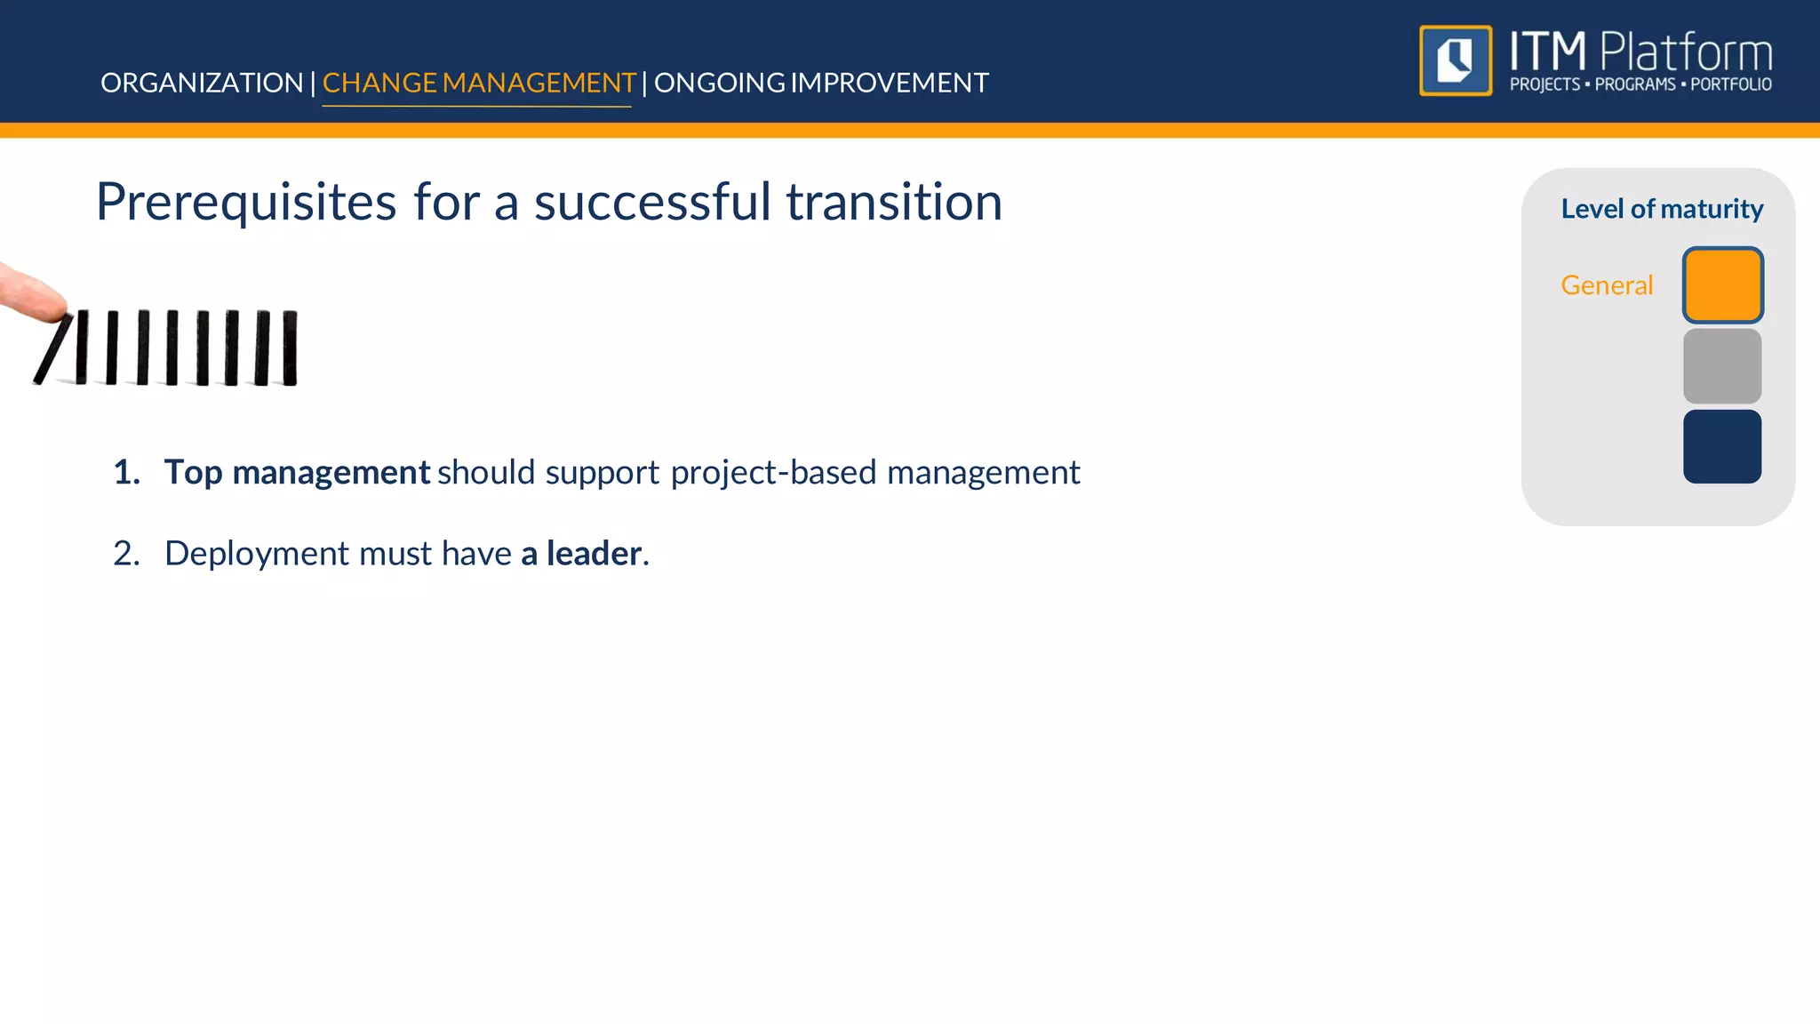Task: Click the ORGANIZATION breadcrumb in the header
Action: pyautogui.click(x=202, y=83)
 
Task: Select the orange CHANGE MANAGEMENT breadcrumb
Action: pyautogui.click(x=478, y=83)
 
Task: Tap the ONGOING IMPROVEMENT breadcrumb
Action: pyautogui.click(x=820, y=83)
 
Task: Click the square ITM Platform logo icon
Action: pyautogui.click(x=1456, y=60)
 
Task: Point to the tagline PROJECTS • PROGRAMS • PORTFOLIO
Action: pyautogui.click(x=1640, y=85)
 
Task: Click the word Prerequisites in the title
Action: pyautogui.click(x=246, y=203)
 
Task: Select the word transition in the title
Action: pyautogui.click(x=894, y=203)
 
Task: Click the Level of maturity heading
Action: pyautogui.click(x=1661, y=209)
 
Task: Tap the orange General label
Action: pyautogui.click(x=1606, y=285)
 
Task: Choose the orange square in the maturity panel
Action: pyautogui.click(x=1721, y=285)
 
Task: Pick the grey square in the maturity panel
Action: pyautogui.click(x=1721, y=366)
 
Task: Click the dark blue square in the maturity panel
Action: pyautogui.click(x=1721, y=446)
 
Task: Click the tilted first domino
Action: pyautogui.click(x=53, y=349)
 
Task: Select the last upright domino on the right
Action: pyautogui.click(x=290, y=348)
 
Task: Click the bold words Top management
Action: pyautogui.click(x=297, y=472)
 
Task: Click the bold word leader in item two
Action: pyautogui.click(x=593, y=554)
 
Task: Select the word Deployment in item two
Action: pyautogui.click(x=257, y=554)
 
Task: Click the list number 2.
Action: pyautogui.click(x=125, y=554)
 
